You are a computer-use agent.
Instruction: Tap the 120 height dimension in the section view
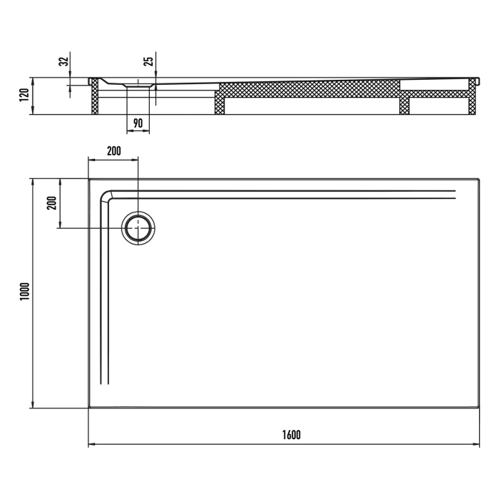pyautogui.click(x=24, y=96)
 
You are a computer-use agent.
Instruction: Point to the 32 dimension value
pyautogui.click(x=63, y=62)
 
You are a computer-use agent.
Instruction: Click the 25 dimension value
pyautogui.click(x=148, y=61)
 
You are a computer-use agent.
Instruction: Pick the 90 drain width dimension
pyautogui.click(x=138, y=123)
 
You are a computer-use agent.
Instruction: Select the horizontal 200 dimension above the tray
pyautogui.click(x=113, y=151)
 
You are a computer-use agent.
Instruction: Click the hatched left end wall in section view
pyautogui.click(x=94, y=96)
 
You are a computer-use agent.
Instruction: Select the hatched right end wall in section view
pyautogui.click(x=470, y=100)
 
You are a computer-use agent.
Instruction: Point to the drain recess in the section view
pyautogui.click(x=138, y=85)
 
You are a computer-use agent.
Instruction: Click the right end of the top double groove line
pyautogui.click(x=454, y=194)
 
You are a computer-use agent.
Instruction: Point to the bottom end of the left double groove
pyautogui.click(x=107, y=384)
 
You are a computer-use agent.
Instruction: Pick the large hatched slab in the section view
pyautogui.click(x=307, y=89)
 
